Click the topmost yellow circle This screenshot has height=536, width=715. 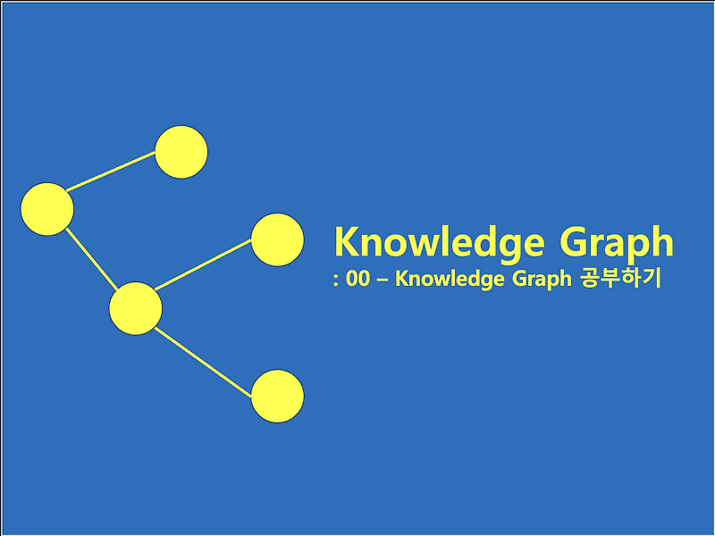click(x=181, y=153)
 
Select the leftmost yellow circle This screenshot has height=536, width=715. click(x=46, y=209)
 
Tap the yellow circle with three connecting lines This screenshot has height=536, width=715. click(x=135, y=308)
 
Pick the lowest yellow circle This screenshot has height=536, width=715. click(x=277, y=396)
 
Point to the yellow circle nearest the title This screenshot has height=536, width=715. click(x=277, y=239)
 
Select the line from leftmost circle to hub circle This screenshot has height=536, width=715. click(x=90, y=258)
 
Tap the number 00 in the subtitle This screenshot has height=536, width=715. click(x=357, y=280)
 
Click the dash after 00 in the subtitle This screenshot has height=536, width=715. click(x=383, y=281)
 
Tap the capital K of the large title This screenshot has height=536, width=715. click(x=346, y=241)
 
